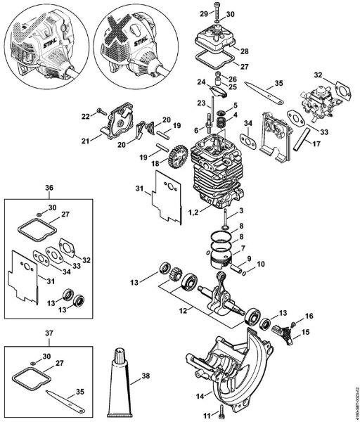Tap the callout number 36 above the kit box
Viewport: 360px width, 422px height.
(49, 188)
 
